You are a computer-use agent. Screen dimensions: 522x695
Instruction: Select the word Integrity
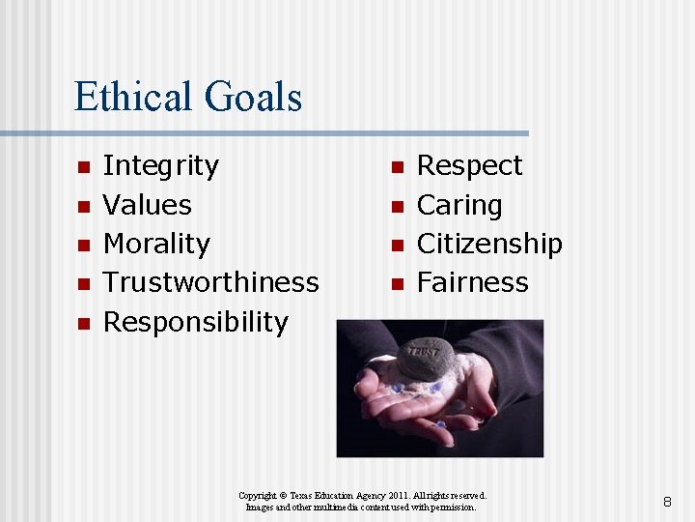[161, 166]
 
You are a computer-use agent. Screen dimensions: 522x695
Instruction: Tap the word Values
[148, 205]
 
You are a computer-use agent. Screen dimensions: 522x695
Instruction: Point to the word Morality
[156, 244]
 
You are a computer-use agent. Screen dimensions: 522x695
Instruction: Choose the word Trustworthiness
[210, 282]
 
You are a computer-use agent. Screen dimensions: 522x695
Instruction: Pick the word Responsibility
[196, 321]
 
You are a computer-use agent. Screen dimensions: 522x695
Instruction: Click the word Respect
[469, 166]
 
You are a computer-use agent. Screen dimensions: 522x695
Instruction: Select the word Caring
[459, 205]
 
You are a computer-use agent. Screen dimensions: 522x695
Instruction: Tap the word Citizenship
[489, 244]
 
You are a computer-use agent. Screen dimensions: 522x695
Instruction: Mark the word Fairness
[473, 282]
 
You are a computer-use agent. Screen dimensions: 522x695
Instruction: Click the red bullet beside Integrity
[84, 167]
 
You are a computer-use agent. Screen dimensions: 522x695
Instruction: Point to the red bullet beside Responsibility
[84, 322]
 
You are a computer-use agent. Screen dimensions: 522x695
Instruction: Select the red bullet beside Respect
[395, 167]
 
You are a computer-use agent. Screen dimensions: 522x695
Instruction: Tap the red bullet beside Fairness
[395, 283]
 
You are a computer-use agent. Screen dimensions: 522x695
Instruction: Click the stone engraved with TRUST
[426, 357]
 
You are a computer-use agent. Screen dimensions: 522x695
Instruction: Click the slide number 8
[667, 502]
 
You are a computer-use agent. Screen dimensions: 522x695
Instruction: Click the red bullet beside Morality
[84, 245]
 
